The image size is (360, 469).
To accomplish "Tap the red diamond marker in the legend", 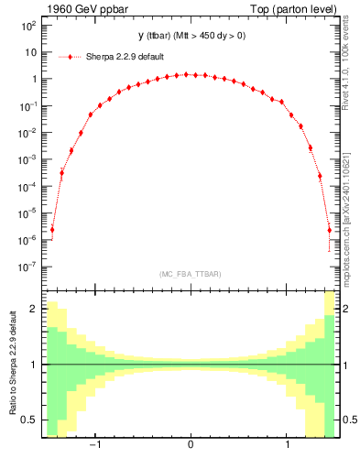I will [76, 56].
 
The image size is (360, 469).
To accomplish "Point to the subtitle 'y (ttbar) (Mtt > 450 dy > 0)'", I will [190, 36].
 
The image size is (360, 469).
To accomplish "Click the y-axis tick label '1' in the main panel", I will [32, 80].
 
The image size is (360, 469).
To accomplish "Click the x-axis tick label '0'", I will [190, 446].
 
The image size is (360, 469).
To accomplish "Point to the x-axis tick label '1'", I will [289, 446].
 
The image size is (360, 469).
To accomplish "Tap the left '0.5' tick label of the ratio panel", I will [27, 420].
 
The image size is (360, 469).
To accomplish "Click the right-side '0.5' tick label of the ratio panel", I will [349, 420].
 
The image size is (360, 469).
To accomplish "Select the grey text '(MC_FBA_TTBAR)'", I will [190, 274].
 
